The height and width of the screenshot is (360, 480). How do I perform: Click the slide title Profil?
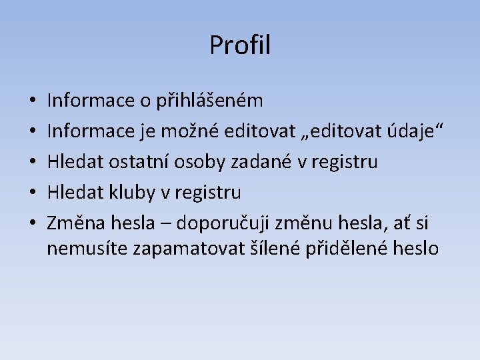[x=240, y=45]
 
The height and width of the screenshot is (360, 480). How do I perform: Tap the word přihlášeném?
[x=210, y=101]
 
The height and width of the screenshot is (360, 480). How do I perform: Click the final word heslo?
[x=417, y=249]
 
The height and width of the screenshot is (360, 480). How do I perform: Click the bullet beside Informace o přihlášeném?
[x=33, y=102]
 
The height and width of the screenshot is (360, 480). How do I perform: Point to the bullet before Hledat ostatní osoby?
[x=33, y=163]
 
